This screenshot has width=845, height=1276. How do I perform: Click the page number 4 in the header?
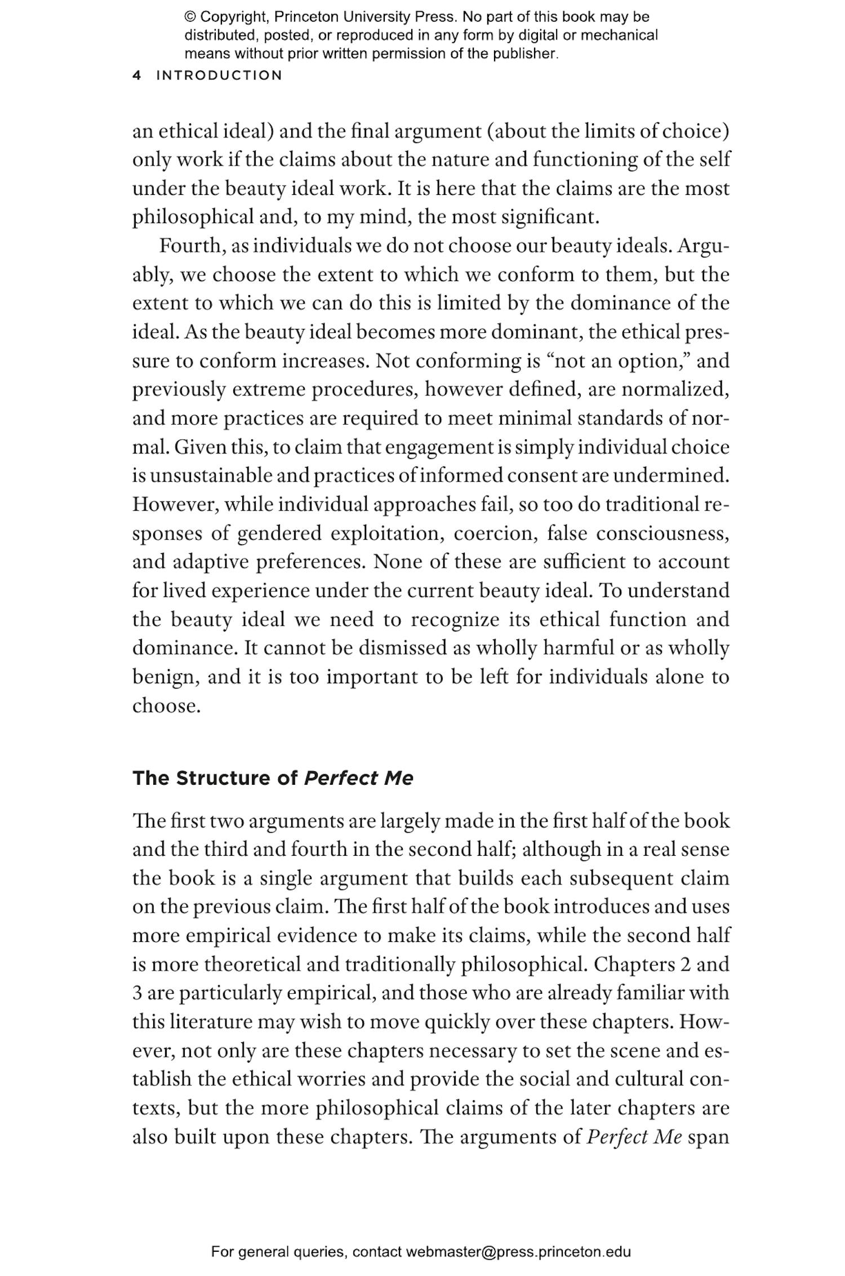(136, 75)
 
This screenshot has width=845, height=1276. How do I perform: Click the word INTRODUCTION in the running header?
(219, 75)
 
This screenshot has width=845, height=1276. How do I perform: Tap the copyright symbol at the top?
(190, 17)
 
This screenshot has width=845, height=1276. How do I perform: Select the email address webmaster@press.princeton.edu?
(518, 1252)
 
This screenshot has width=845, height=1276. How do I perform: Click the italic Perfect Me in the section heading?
(358, 778)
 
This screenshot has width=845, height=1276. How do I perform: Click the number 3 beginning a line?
(137, 993)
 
